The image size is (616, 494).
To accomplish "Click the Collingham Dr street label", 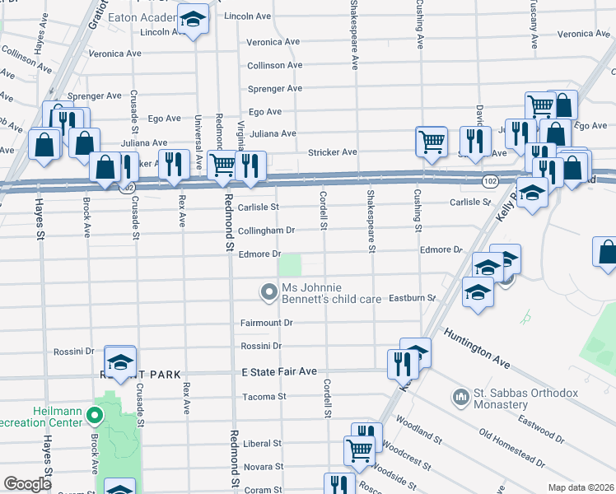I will click(266, 231).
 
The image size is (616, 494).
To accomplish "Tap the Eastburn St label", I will click(412, 297).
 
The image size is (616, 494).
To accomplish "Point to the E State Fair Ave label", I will click(279, 372).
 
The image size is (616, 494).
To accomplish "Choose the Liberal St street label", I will click(263, 443).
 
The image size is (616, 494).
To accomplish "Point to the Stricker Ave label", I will click(332, 152).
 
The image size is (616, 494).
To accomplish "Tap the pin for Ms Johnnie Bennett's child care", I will click(268, 292).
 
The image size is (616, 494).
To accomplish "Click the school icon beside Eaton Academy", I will click(194, 21).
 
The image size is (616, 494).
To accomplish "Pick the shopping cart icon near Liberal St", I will click(359, 450).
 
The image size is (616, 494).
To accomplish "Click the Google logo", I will click(27, 484).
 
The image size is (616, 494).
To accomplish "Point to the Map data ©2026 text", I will click(580, 487).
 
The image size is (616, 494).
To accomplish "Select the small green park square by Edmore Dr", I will click(290, 265).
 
